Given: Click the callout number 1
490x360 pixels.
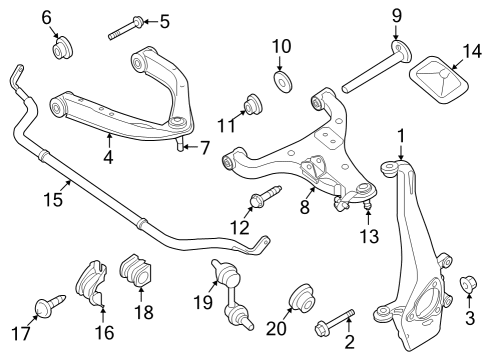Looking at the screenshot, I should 400,135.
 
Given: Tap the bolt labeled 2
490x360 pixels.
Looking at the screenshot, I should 338,322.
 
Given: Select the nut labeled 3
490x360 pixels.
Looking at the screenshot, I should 466,286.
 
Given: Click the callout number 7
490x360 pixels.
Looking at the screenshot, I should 204,147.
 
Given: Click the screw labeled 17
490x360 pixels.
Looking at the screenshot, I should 47,304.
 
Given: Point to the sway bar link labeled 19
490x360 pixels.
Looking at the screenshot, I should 230,295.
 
